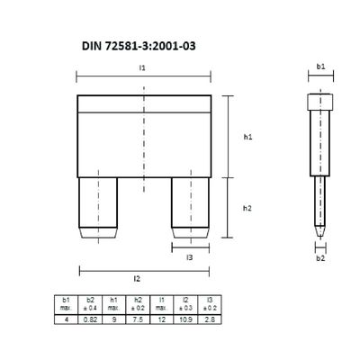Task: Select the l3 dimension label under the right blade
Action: click(x=189, y=258)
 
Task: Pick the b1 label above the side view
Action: click(x=320, y=67)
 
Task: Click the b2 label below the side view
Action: click(x=320, y=258)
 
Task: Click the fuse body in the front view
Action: click(x=145, y=135)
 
